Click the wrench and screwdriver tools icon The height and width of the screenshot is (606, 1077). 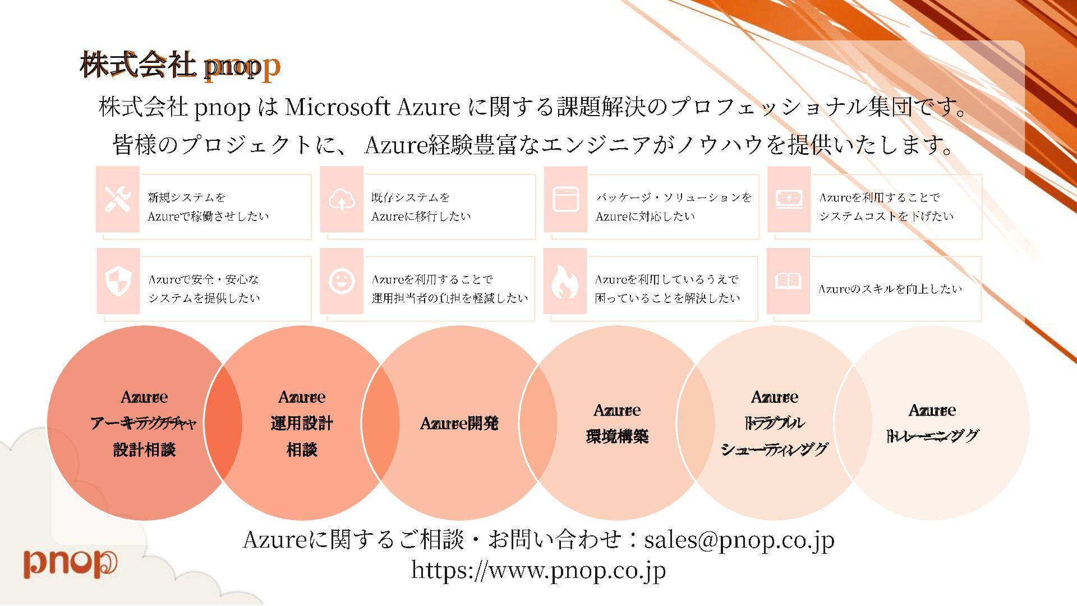118,199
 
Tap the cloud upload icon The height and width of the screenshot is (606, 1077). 342,199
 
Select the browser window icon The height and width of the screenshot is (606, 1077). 565,199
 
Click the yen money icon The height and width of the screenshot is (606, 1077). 789,199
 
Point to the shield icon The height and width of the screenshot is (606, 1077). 118,281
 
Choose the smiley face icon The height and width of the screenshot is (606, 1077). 342,281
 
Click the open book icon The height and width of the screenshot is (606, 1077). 788,281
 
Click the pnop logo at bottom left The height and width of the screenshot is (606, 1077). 70,563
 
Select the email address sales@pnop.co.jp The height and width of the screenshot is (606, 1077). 739,540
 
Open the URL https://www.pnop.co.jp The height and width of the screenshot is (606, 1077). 538,570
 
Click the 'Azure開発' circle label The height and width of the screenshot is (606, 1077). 459,423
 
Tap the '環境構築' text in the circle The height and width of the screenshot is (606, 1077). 617,437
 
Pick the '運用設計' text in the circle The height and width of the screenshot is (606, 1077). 302,423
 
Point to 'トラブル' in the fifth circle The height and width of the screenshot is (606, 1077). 774,423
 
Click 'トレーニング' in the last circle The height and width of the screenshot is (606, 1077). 932,436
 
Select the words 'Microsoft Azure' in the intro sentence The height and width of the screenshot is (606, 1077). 372,107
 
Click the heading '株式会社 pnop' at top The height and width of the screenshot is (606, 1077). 179,65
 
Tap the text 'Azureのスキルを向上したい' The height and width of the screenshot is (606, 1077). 890,289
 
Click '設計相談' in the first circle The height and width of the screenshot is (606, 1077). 144,449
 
